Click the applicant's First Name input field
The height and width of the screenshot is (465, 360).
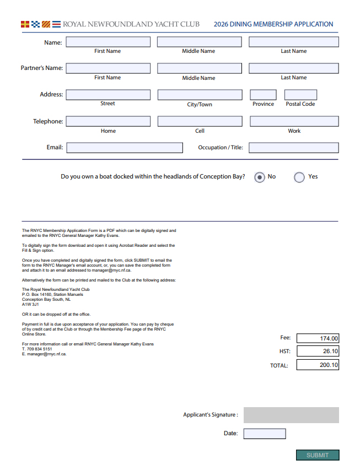click(x=108, y=42)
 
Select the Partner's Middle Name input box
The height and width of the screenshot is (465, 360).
click(x=199, y=68)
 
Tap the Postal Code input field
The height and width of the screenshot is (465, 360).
click(x=300, y=95)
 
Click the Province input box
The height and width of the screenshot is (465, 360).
click(x=263, y=95)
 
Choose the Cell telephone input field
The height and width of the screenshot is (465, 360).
click(x=200, y=121)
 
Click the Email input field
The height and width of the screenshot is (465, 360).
click(x=125, y=148)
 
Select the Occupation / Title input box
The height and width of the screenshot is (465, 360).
click(x=294, y=148)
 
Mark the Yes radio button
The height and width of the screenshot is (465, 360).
click(x=299, y=177)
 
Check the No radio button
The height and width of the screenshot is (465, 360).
click(x=259, y=177)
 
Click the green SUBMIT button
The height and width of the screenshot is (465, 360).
click(x=318, y=455)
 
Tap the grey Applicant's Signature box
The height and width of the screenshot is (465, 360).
click(x=291, y=415)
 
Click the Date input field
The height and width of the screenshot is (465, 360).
click(x=265, y=434)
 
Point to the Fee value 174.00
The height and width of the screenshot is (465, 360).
click(x=318, y=338)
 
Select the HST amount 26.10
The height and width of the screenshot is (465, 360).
click(x=318, y=352)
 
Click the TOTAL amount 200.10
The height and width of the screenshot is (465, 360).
click(x=318, y=365)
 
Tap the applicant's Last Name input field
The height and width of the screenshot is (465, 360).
click(x=294, y=42)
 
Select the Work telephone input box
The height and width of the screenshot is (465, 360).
click(x=294, y=121)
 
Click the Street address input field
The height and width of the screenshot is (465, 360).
click(x=108, y=95)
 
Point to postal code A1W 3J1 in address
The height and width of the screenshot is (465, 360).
click(x=30, y=304)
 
